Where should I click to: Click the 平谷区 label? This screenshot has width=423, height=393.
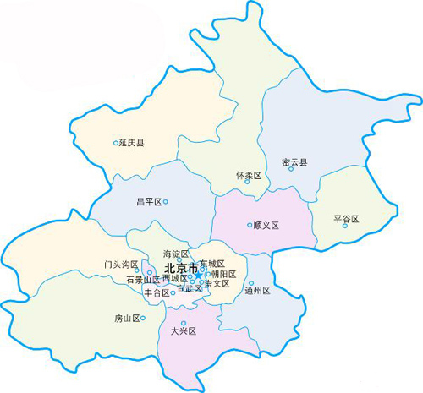pos(347,219)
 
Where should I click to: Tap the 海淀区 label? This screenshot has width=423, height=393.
pos(176,254)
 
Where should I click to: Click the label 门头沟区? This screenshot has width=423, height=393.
pos(121,265)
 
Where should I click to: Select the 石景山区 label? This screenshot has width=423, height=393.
pos(142,280)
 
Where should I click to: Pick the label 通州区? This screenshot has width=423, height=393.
pos(256,291)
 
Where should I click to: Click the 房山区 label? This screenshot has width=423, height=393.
pos(127,319)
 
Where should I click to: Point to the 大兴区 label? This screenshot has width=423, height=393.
pos(182,331)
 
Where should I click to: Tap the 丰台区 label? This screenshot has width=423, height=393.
pos(157,293)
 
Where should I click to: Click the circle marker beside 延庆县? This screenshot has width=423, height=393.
pos(116,144)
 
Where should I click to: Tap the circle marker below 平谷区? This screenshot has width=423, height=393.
pos(345,226)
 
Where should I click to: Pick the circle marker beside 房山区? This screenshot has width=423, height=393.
pos(143,318)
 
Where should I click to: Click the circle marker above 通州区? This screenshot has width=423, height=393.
pos(251,283)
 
